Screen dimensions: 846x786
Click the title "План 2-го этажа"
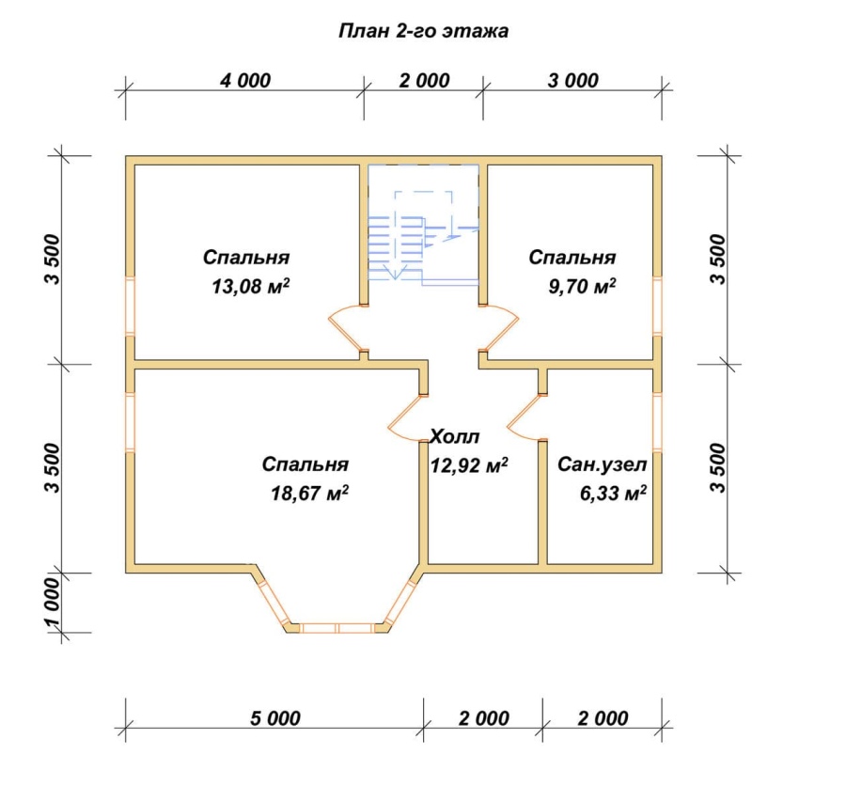tap(424, 31)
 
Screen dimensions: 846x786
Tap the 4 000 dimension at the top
tap(245, 81)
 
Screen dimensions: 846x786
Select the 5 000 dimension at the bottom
tap(275, 718)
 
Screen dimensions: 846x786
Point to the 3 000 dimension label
tap(573, 81)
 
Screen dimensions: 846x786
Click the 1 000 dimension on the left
tap(53, 603)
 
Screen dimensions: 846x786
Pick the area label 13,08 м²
tap(250, 286)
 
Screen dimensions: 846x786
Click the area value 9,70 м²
tap(582, 286)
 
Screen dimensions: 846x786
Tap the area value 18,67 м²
tap(309, 493)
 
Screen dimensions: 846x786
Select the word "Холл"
tap(454, 436)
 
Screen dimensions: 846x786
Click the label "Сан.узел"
tap(603, 464)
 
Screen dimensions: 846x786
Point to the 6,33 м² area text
tap(614, 493)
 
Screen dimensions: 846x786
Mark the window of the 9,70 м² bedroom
tap(657, 307)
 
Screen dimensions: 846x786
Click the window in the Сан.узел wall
tap(657, 422)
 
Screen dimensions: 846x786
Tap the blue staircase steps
tap(396, 245)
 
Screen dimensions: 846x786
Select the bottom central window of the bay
tap(337, 628)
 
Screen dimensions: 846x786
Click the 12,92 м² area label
tap(469, 464)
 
